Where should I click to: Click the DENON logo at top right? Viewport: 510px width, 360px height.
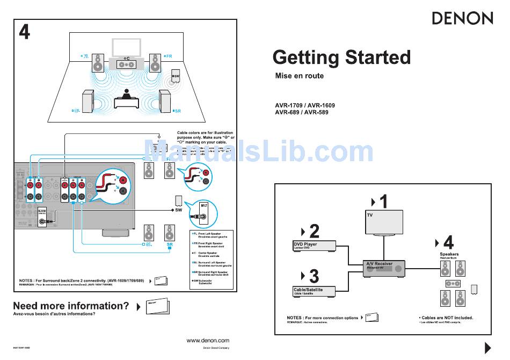[462, 18]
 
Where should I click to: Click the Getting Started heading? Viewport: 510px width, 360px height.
[341, 57]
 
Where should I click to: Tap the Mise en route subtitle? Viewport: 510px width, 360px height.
[299, 76]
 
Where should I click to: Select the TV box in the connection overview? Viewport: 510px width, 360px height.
[384, 222]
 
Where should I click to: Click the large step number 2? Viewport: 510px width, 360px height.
[314, 231]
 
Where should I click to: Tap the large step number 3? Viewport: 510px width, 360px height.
[314, 276]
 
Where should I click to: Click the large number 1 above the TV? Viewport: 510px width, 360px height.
[383, 202]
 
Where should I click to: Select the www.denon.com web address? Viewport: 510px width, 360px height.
[208, 340]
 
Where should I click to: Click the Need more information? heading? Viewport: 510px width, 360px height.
[71, 306]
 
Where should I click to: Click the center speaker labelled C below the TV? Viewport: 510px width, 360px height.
[127, 64]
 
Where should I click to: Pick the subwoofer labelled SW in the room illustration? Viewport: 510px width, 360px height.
[175, 78]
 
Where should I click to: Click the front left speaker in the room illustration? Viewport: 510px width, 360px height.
[97, 63]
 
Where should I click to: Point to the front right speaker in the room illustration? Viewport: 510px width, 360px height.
[155, 63]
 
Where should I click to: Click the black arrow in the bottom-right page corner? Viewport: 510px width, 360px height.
[488, 348]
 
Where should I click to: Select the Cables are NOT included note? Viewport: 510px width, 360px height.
[446, 318]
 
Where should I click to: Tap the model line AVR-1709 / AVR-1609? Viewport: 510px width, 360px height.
[304, 105]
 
